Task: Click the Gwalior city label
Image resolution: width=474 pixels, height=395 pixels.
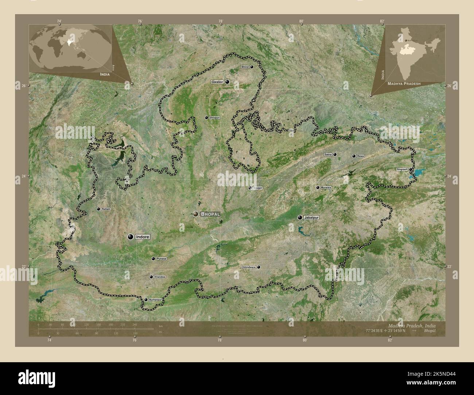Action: tap(217, 82)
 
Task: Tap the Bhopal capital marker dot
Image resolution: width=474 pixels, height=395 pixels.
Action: tap(196, 214)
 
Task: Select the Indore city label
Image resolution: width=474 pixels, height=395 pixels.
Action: tap(143, 237)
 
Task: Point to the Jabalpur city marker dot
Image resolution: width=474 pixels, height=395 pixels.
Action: tap(300, 218)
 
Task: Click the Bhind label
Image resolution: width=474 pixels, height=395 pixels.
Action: tap(245, 67)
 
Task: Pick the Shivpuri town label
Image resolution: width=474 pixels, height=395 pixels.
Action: tap(214, 118)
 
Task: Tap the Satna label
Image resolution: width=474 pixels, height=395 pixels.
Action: tap(328, 155)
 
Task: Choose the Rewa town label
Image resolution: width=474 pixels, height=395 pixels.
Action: tap(361, 156)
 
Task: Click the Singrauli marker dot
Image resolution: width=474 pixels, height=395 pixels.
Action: tap(411, 169)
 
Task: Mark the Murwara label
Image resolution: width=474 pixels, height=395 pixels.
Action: tap(326, 188)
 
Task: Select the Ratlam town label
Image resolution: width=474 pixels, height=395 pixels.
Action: tap(106, 209)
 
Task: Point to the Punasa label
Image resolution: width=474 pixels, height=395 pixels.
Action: tap(161, 259)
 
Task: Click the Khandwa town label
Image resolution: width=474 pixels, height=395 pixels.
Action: tap(160, 277)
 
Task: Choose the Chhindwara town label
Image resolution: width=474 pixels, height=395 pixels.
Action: tap(248, 267)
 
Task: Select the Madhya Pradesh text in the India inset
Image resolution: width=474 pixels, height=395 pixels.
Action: tap(404, 83)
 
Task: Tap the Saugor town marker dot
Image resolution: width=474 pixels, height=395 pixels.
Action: tap(250, 188)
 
